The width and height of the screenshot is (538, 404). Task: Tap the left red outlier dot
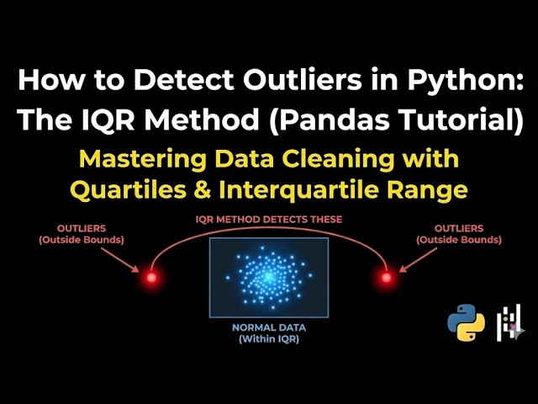click(151, 277)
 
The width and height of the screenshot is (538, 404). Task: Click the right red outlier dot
click(386, 277)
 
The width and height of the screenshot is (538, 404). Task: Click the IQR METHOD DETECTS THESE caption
click(268, 219)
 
